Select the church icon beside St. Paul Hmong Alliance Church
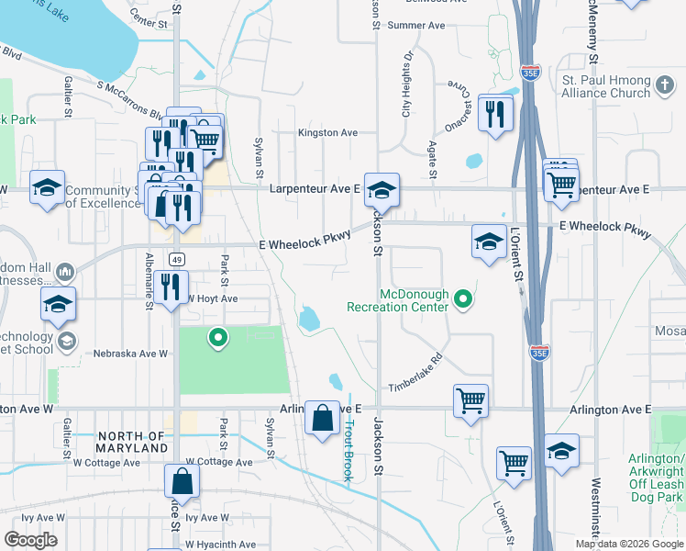[x=665, y=88]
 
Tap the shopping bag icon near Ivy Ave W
[x=182, y=481]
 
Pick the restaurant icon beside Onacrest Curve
[x=495, y=113]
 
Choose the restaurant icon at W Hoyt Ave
[x=171, y=287]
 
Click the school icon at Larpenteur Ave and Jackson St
[x=382, y=190]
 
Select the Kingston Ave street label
[x=327, y=133]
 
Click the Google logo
[x=30, y=539]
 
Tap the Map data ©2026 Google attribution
[x=628, y=544]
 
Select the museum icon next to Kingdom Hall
[x=65, y=273]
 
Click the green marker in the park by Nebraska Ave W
[x=217, y=339]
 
